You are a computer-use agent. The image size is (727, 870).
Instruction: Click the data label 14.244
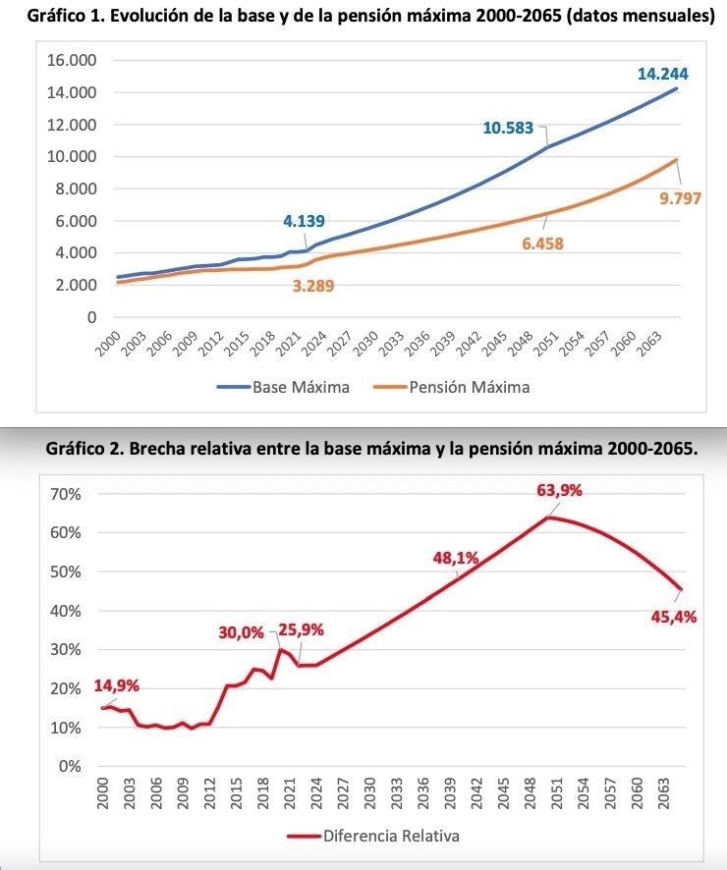coord(662,74)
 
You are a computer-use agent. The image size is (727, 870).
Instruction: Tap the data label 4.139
coord(304,221)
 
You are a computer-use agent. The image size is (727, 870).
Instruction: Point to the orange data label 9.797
coord(680,199)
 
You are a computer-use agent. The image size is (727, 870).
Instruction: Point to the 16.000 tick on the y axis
coord(72,61)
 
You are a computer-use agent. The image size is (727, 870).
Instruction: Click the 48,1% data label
coord(456,559)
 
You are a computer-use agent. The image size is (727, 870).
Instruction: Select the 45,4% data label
coord(674,617)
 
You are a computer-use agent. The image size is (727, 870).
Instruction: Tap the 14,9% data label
coord(116,685)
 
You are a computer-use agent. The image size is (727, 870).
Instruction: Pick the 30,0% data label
coord(241,632)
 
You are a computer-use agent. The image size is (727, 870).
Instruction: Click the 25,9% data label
coord(301,629)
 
